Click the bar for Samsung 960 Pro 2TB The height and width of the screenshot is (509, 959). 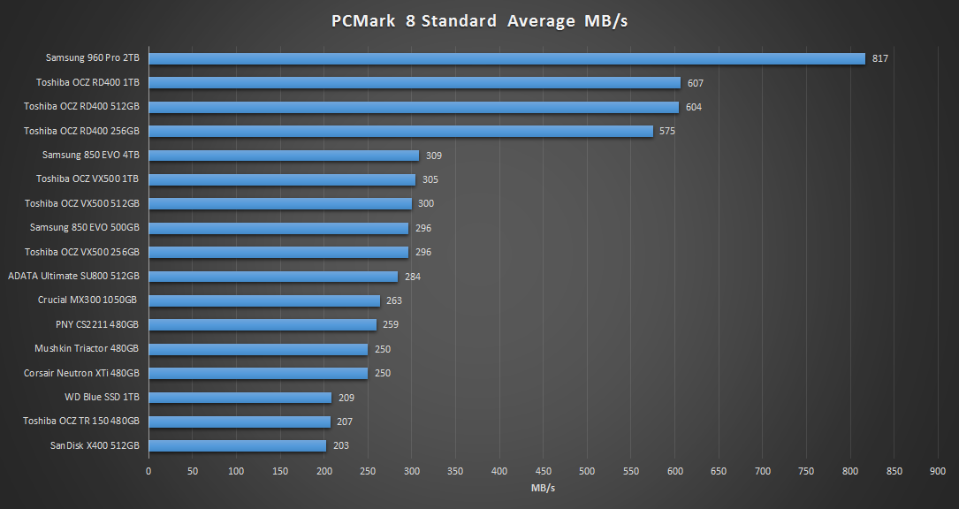point(506,58)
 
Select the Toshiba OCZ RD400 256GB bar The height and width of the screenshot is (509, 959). point(400,131)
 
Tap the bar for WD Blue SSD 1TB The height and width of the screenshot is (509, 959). point(240,398)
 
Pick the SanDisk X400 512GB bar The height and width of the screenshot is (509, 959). point(237,446)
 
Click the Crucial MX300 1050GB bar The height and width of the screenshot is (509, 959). point(263,300)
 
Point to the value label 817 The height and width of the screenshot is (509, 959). point(879,58)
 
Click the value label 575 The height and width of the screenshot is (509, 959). point(667,131)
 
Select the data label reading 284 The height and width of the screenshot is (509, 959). point(412,277)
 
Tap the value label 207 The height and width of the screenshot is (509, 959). point(345,422)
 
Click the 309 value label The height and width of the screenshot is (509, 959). point(433,156)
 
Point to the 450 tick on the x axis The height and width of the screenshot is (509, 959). point(543,472)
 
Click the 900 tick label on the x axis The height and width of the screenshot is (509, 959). point(938,472)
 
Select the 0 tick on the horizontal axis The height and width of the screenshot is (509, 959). point(148,472)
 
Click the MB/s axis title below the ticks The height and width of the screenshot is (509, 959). point(543,488)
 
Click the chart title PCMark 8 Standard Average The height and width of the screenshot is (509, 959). point(479,21)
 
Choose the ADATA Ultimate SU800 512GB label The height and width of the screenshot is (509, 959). point(73,276)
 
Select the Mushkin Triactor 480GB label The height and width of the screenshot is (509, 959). point(87,348)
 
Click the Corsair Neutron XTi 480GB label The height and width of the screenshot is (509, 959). point(81,373)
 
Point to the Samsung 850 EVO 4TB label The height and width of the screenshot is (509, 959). point(90,155)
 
